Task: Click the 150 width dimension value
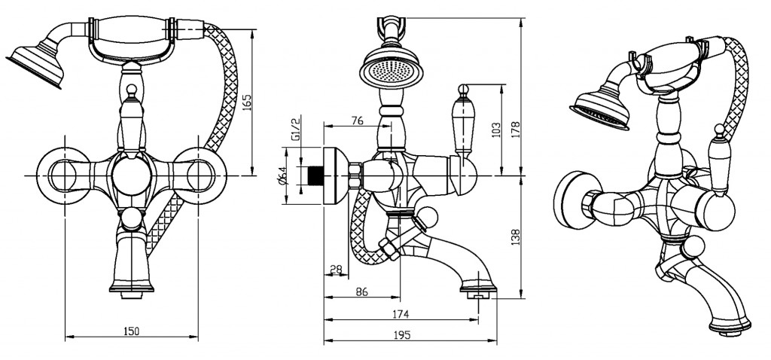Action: pos(131,331)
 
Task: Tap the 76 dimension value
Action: pos(358,121)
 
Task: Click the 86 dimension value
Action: pos(361,292)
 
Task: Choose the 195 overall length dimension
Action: pos(401,336)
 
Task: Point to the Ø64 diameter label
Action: pos(282,177)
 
